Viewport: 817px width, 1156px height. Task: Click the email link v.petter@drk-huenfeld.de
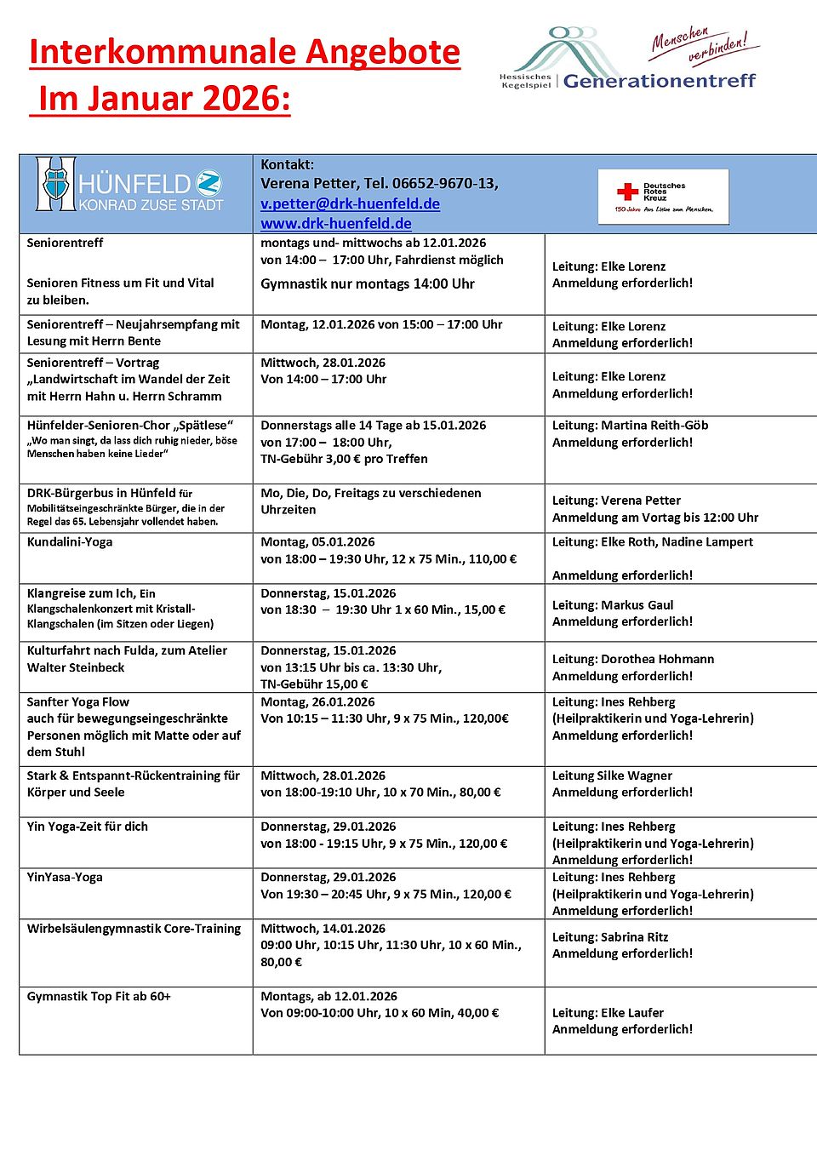350,203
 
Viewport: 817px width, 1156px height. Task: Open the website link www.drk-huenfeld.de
335,223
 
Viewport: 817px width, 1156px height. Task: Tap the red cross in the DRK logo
627,192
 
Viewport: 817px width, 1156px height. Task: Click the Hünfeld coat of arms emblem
56,183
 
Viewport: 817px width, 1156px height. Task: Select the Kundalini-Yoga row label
70,541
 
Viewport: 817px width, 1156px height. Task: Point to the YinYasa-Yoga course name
65,877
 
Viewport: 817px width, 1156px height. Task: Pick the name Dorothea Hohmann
657,659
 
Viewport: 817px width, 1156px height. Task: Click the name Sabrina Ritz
634,936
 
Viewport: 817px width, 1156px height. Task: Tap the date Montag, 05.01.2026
317,541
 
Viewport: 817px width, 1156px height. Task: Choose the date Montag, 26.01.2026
317,701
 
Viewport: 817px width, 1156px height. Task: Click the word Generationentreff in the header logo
659,81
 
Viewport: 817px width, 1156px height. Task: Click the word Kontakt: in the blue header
287,164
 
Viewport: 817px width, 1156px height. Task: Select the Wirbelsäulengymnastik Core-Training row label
134,928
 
